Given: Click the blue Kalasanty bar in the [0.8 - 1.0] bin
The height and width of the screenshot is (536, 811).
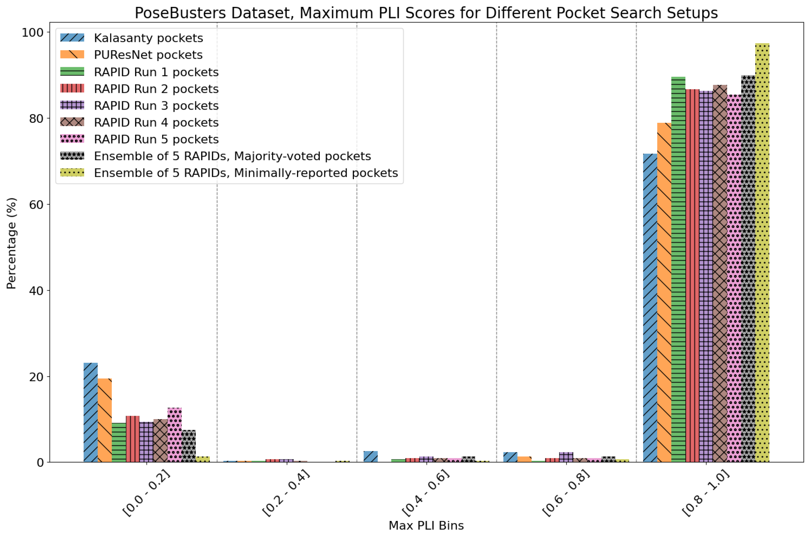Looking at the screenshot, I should click(x=650, y=308).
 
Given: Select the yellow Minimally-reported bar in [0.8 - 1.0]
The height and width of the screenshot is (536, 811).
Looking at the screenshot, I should click(x=762, y=253).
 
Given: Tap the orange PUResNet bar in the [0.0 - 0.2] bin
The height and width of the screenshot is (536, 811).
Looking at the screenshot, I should click(x=105, y=420).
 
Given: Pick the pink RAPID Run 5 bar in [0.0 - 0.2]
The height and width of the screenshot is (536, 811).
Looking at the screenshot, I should click(x=174, y=435).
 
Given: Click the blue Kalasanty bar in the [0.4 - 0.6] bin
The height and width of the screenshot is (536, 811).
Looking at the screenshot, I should click(x=370, y=457).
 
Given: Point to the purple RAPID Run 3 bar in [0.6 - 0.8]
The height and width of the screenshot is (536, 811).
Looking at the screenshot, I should click(x=566, y=457).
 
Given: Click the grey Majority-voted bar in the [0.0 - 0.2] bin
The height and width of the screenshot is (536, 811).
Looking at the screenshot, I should click(x=189, y=446).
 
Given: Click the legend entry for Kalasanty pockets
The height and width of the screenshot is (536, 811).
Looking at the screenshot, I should click(x=148, y=38).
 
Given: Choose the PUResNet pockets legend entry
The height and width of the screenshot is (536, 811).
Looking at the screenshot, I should click(x=148, y=55).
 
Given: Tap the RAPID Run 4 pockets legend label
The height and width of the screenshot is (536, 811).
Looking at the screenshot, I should click(x=156, y=123).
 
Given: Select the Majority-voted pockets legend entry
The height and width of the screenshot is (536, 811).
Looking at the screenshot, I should click(x=232, y=156).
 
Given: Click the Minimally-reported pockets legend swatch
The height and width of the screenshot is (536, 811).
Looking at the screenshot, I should click(x=72, y=173).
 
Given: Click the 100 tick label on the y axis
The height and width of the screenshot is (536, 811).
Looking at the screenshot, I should click(x=33, y=33).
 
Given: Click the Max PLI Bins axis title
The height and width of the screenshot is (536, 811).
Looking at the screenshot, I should click(x=426, y=525).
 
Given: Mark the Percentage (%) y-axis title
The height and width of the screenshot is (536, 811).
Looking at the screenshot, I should click(x=11, y=243).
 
